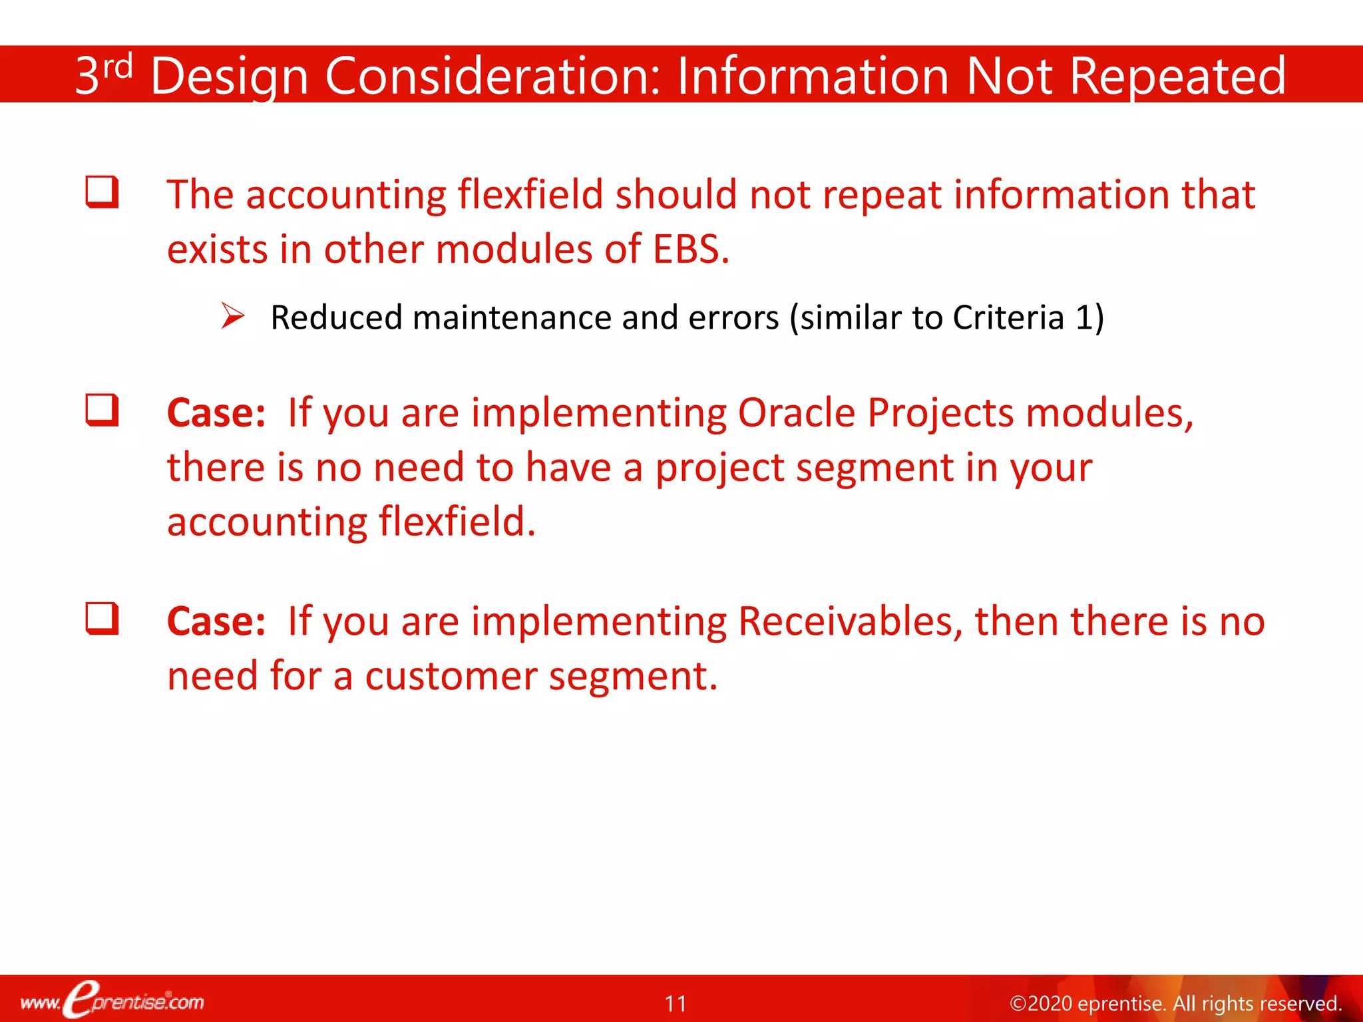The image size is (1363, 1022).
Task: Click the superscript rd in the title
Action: point(118,67)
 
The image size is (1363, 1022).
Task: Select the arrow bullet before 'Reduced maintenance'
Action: point(233,316)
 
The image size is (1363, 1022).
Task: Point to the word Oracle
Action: point(796,413)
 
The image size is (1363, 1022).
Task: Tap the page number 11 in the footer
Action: point(676,1003)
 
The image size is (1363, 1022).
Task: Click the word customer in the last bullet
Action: point(451,676)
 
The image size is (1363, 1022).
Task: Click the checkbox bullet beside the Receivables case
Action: point(102,619)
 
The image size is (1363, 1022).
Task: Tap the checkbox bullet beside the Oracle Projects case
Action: point(102,410)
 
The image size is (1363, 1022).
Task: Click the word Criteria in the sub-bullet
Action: point(1008,317)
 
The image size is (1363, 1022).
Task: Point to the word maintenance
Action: point(511,317)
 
